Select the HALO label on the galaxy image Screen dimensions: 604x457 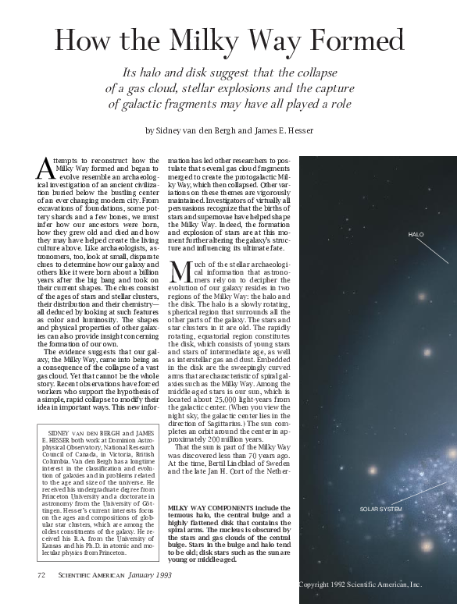pyautogui.click(x=416, y=234)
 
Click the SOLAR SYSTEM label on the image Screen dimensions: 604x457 pyautogui.click(x=380, y=509)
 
